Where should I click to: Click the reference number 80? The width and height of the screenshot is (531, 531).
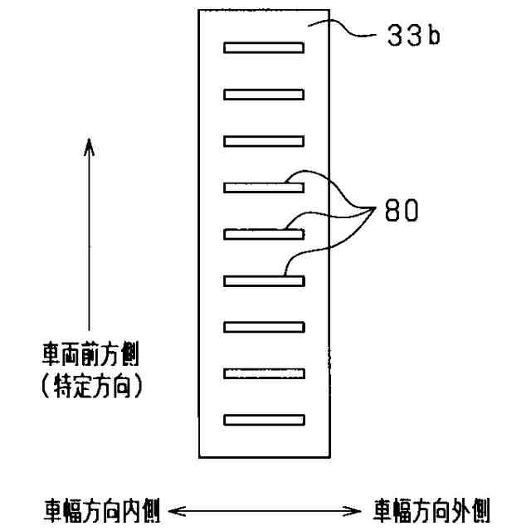pyautogui.click(x=402, y=209)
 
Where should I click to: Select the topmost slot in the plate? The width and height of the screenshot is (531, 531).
pyautogui.click(x=264, y=47)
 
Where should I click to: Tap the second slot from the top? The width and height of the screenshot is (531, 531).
pyautogui.click(x=264, y=94)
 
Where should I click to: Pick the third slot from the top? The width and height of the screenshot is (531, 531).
pyautogui.click(x=264, y=140)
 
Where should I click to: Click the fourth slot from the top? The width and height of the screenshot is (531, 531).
pyautogui.click(x=264, y=188)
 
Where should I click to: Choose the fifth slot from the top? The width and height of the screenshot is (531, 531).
pyautogui.click(x=264, y=234)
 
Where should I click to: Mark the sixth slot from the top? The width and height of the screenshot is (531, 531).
pyautogui.click(x=264, y=280)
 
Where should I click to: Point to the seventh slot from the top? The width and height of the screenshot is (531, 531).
pyautogui.click(x=264, y=327)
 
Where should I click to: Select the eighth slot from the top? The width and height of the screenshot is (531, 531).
pyautogui.click(x=264, y=373)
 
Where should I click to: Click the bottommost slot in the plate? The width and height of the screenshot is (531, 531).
pyautogui.click(x=264, y=420)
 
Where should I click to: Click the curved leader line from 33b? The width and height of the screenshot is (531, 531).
pyautogui.click(x=357, y=33)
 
